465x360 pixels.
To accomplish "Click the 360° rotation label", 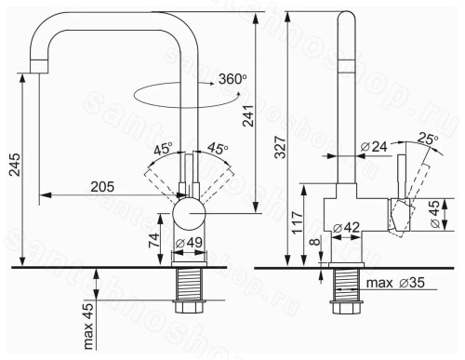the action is tap(232, 79).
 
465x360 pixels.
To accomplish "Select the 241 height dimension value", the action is tap(248, 116).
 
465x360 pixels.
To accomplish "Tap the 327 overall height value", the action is tap(281, 147).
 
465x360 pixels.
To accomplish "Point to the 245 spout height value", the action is tap(15, 165).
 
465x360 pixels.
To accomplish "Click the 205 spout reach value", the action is tap(102, 187).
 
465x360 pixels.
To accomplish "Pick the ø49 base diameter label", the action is tap(189, 243).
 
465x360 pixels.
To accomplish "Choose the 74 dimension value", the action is tap(154, 239).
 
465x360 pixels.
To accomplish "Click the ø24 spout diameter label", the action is tap(374, 146).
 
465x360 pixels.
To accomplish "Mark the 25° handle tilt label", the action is tap(428, 139).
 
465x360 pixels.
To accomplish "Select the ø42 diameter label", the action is tap(346, 228).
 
